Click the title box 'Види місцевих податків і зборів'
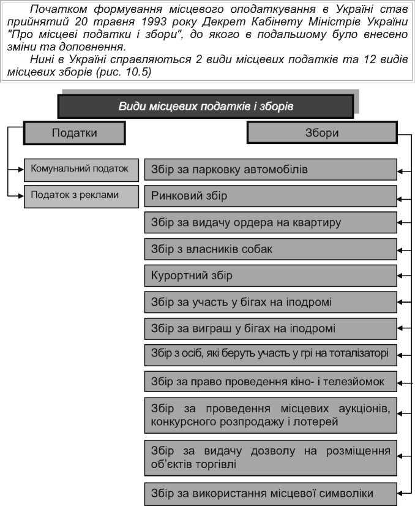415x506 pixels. [206, 106]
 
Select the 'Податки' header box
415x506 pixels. [74, 132]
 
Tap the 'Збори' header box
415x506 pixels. [321, 132]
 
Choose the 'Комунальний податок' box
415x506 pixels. [80, 168]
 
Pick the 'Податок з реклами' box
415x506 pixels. [80, 195]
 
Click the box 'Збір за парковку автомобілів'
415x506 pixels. [271, 169]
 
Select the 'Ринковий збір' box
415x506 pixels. [271, 196]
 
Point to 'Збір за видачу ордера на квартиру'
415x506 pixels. [271, 222]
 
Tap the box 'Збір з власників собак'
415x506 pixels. [271, 249]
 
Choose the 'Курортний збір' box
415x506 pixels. [271, 276]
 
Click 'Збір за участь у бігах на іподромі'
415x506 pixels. [271, 302]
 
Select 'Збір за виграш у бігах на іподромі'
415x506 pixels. [271, 328]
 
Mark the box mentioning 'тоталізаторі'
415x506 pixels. [271, 353]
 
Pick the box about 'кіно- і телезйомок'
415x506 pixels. [271, 382]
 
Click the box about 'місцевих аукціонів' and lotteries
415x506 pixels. [271, 415]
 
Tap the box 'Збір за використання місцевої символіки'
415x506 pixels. [271, 493]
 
